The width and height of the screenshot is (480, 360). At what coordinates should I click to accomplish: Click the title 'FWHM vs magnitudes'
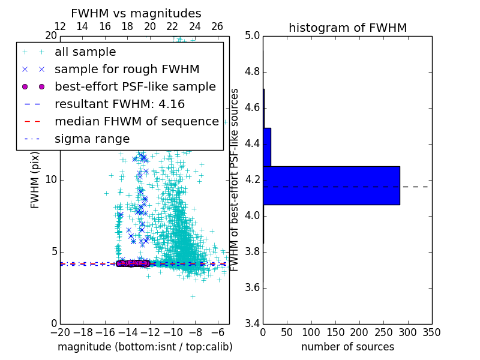(136, 14)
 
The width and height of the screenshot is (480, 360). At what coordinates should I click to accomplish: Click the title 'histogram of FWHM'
(347, 28)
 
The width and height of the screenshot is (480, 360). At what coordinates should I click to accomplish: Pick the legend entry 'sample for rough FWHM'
(127, 70)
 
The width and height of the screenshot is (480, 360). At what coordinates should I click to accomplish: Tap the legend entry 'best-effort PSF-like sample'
(135, 86)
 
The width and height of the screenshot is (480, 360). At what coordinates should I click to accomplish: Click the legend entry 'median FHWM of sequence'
(136, 121)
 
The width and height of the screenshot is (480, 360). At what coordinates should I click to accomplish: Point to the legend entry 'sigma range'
(92, 139)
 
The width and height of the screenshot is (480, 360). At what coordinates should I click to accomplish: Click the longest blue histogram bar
(331, 185)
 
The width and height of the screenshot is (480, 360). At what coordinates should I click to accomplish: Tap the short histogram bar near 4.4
(267, 147)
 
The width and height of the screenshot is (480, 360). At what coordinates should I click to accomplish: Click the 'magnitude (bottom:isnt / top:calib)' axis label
(145, 347)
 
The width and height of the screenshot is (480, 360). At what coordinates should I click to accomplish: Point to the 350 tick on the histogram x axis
(431, 332)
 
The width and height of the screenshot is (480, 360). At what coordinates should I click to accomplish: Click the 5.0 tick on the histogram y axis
(252, 36)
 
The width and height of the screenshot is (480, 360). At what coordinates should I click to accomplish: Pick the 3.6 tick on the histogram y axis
(252, 287)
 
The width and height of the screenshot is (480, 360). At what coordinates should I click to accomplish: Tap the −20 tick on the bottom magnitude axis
(60, 332)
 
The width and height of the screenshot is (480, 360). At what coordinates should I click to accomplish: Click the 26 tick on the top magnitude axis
(217, 26)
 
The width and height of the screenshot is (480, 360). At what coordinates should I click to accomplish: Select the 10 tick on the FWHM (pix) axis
(51, 180)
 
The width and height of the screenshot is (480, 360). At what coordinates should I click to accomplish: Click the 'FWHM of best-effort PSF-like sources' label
(235, 179)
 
